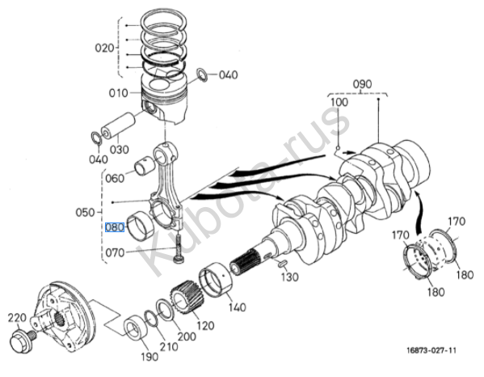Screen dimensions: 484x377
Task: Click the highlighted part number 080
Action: [115, 227]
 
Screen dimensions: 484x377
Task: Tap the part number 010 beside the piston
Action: [119, 93]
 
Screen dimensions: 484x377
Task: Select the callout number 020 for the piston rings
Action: [105, 49]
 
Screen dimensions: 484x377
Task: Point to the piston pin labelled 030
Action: [119, 125]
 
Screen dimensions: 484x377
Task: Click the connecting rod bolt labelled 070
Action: [179, 248]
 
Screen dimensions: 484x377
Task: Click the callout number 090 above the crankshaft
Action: [362, 84]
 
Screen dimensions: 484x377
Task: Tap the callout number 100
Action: [339, 102]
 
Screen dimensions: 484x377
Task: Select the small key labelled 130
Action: [283, 263]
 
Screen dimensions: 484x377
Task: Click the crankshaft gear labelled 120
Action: [185, 297]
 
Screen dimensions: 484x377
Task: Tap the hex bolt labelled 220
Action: [23, 341]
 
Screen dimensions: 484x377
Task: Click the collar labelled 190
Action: [135, 330]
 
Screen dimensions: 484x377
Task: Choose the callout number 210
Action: [169, 347]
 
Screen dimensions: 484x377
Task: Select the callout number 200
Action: [187, 337]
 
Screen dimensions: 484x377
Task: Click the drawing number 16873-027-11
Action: [431, 350]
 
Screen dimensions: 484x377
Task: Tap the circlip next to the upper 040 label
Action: [203, 74]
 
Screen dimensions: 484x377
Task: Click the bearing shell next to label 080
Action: [141, 225]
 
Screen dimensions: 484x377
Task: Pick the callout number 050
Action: [85, 213]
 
